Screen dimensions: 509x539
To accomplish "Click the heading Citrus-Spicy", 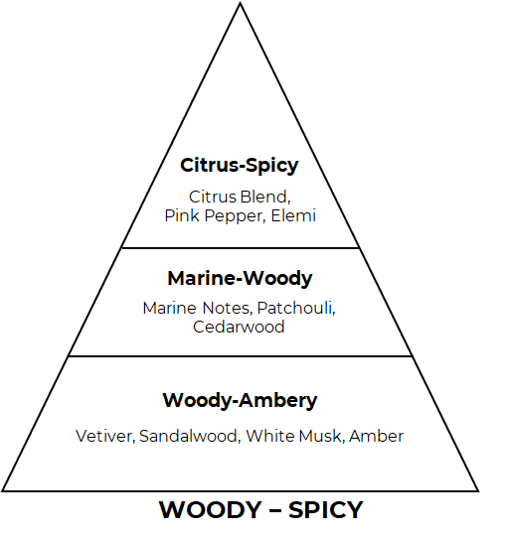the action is pos(240,166).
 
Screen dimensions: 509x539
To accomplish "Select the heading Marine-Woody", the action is pos(240,278).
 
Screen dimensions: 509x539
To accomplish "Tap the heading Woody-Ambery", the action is pos(240,400).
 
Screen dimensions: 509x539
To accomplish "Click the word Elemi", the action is pos(293,215).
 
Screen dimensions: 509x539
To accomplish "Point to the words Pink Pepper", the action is pos(215,216).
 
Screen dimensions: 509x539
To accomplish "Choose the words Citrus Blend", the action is pos(240,197).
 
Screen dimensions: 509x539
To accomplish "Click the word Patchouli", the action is pos(296,308).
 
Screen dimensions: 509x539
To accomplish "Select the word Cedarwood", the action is pos(239,327).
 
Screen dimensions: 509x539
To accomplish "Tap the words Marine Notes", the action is pos(198,308).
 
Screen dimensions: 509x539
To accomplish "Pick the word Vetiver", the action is pos(105,436).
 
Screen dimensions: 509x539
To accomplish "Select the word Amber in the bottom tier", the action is pos(376,436).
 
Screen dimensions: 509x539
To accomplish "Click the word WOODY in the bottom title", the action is pos(210,510).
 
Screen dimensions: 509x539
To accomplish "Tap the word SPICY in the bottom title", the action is pos(326,510).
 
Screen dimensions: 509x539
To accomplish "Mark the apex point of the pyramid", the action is pos(240,3).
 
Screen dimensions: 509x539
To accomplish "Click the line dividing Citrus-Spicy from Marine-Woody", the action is pos(241,248).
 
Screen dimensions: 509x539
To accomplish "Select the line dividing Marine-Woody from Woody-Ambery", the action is pos(240,356).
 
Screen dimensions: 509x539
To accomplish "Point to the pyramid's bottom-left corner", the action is pos(2,491).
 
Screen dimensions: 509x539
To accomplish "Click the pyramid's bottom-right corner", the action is pos(479,491).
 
